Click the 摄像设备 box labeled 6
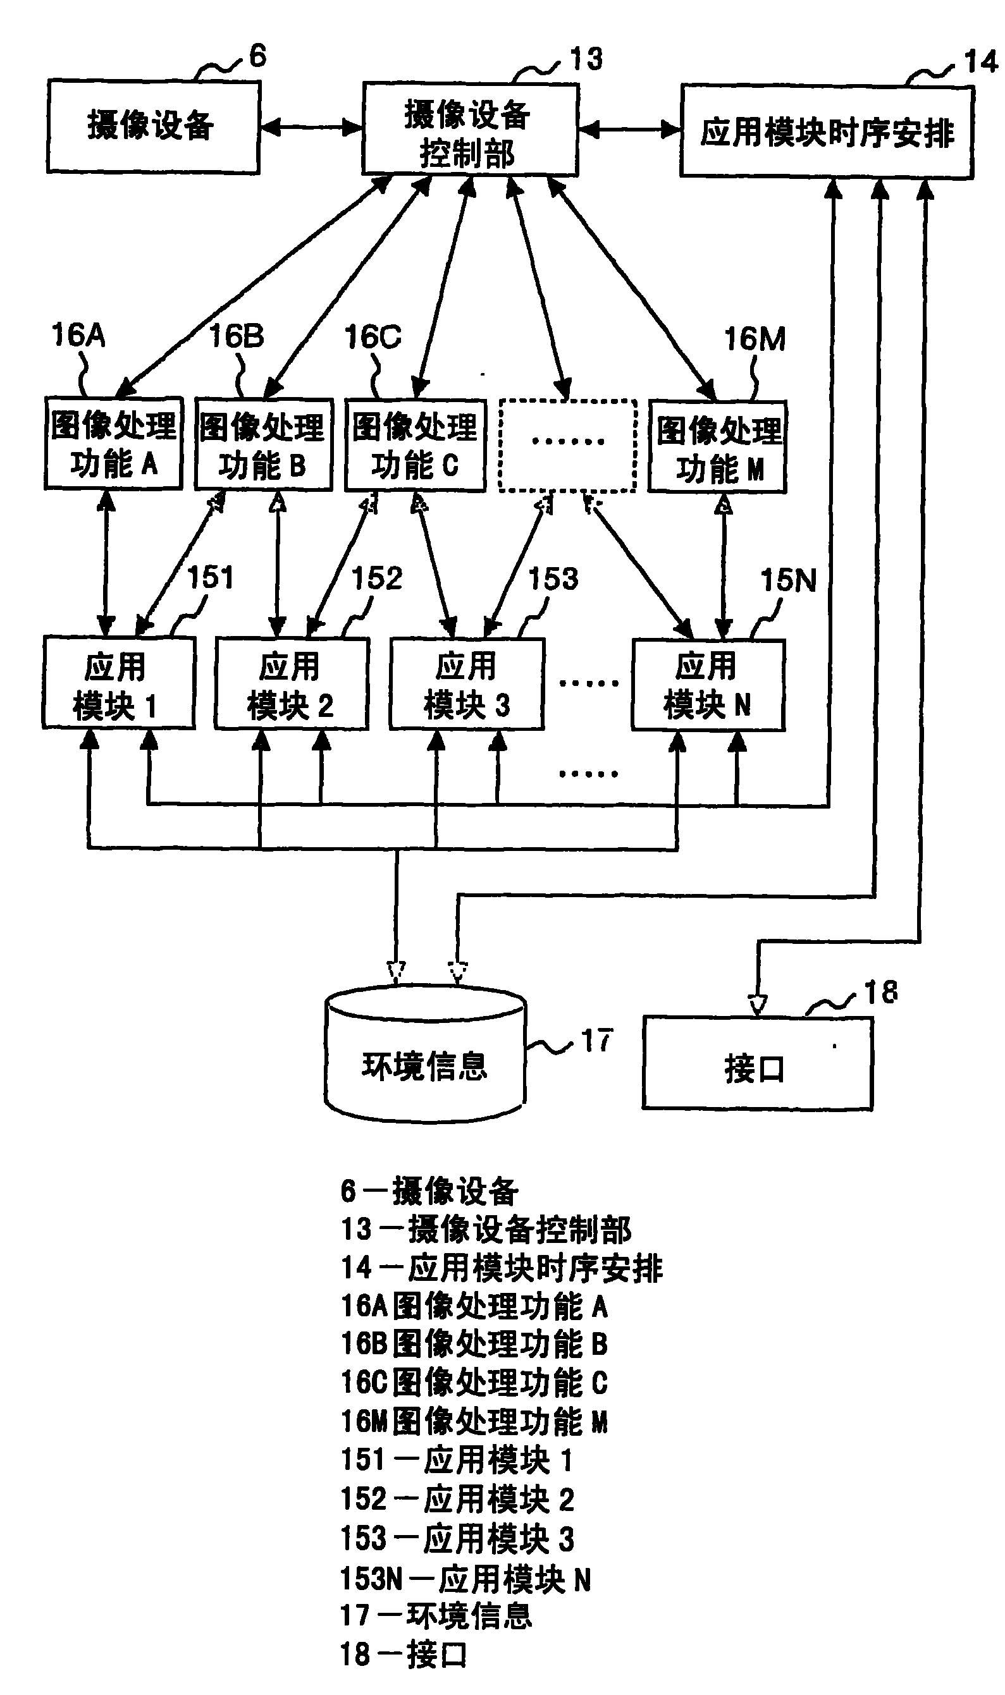coord(153,126)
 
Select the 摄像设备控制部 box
coord(469,130)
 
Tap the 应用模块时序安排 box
coord(826,132)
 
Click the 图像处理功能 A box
coord(113,443)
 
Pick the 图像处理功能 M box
coord(717,448)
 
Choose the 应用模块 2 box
coord(291,683)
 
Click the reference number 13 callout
coord(585,59)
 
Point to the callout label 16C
coord(373,336)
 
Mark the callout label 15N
coord(787,580)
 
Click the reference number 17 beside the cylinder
coord(596,1041)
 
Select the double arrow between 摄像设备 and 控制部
coord(311,127)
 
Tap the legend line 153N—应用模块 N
coord(466,1579)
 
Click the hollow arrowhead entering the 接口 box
coord(757,1004)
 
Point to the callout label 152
coord(376,578)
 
